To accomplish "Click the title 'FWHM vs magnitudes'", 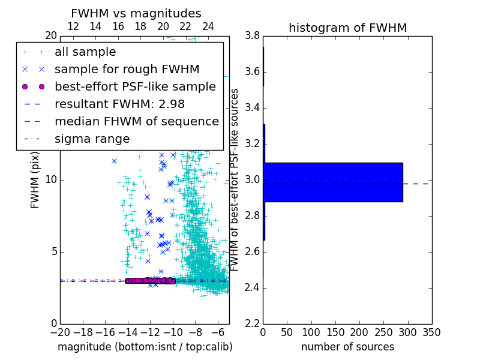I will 136,13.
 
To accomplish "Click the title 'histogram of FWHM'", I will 347,28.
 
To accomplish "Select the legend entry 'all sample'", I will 85,52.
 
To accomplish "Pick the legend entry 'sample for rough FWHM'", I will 127,70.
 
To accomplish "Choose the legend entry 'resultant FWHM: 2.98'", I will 119,104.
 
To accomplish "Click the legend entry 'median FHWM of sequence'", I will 136,122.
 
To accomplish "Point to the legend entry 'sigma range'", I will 92,139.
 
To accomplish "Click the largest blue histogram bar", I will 333,182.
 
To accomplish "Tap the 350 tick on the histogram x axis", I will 431,332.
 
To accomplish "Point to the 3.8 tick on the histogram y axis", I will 252,36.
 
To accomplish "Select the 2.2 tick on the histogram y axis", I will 252,323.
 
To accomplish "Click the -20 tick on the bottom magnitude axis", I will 60,332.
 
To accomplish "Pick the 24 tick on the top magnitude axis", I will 208,27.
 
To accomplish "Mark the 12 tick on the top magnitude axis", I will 73,27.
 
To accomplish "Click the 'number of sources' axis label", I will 347,347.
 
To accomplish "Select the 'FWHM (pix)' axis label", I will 35,179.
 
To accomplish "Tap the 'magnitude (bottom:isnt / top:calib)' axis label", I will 145,347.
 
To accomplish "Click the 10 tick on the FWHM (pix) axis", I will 50,180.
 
